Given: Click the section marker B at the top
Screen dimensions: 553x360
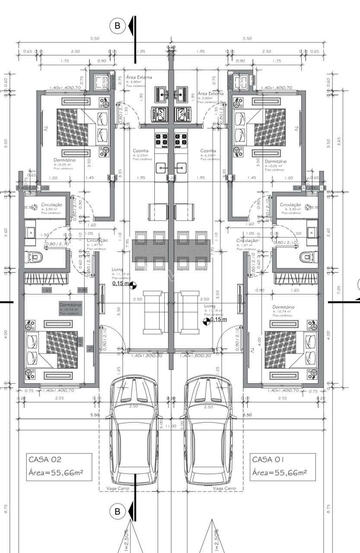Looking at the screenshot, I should pos(117,26).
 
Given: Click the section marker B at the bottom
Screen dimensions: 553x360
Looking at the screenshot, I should pos(117,512).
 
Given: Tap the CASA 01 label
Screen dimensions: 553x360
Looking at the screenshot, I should pos(268,459).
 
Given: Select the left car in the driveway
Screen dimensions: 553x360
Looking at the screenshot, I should pos(134,432).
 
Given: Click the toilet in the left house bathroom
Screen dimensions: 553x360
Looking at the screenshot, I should pos(34,257).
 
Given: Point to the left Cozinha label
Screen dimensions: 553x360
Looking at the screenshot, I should pos(141,151).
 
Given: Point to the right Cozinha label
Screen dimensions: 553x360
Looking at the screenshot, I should pos(208,151).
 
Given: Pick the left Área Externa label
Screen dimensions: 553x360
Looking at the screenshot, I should pos(139,77).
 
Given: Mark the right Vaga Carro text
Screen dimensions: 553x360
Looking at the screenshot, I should pos(224,488).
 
